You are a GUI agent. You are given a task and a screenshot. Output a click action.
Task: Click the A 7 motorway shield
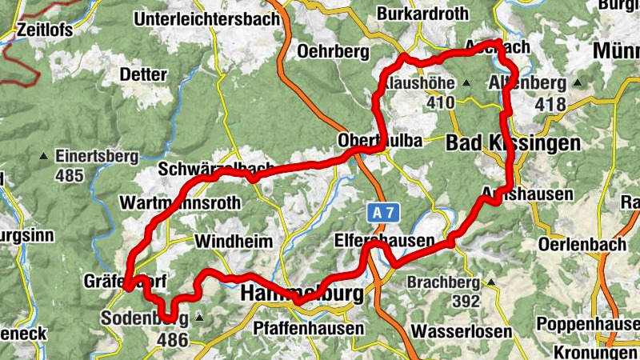tap(383, 213)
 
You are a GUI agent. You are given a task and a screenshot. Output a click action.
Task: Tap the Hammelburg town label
tap(302, 294)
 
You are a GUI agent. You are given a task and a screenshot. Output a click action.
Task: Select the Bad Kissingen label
tap(512, 143)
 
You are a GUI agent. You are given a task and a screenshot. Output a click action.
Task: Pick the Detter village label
tap(142, 74)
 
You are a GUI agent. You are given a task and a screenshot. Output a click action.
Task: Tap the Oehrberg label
tap(332, 51)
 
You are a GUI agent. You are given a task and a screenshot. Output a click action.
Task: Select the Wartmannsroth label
tap(179, 203)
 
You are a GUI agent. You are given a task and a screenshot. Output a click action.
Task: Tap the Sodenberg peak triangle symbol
tap(199, 318)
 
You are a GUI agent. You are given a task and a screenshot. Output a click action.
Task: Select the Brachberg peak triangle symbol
tap(491, 282)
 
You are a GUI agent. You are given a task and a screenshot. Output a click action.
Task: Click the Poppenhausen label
tap(587, 323)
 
